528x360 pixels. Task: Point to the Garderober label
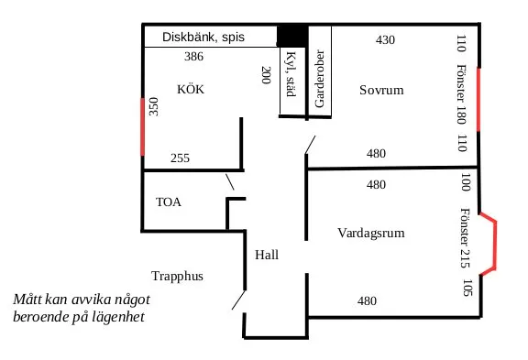click(x=319, y=80)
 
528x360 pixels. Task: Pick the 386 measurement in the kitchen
click(x=192, y=57)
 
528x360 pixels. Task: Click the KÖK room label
click(x=191, y=91)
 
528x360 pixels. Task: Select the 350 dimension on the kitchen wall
click(x=154, y=107)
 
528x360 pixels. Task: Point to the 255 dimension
click(x=180, y=158)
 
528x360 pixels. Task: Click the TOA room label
click(x=169, y=202)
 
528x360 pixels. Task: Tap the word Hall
click(x=267, y=255)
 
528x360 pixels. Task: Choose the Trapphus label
click(x=177, y=276)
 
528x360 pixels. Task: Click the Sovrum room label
click(x=381, y=91)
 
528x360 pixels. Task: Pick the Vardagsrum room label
click(x=370, y=231)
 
